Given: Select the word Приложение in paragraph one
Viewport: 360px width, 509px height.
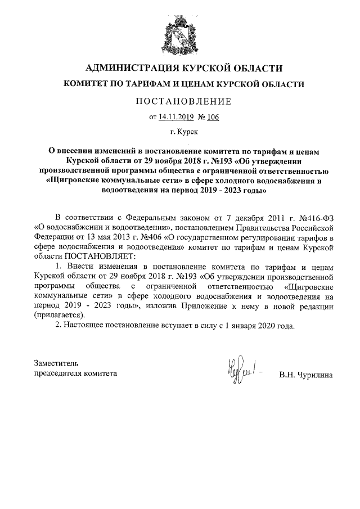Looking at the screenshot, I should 214,305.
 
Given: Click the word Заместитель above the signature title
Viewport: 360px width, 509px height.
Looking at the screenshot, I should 57,363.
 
